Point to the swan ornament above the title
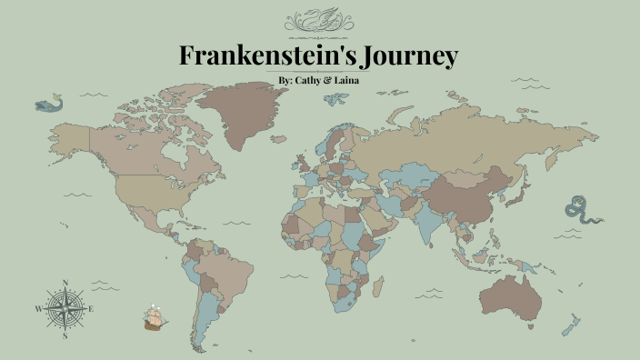click(320, 21)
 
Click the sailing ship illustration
click(156, 317)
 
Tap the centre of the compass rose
click(65, 309)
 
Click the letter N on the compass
click(65, 283)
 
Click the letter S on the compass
click(65, 335)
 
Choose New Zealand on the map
click(570, 325)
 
